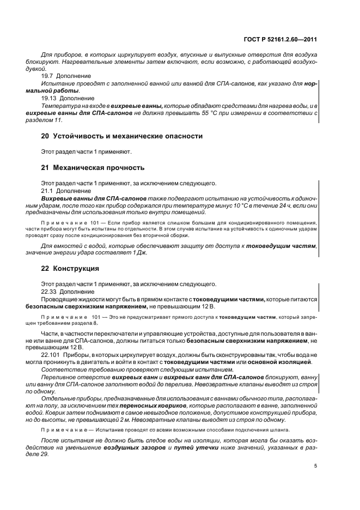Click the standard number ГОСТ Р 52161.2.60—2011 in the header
283,39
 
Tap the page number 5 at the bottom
316,465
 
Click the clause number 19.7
48,76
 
